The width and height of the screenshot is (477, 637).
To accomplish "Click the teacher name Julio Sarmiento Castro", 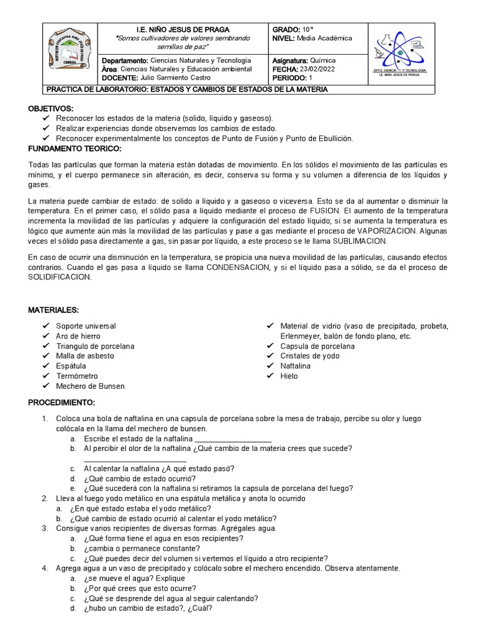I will [x=176, y=78].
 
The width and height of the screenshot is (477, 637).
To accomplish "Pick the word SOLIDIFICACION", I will [x=60, y=277].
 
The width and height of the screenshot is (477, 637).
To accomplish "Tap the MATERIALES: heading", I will [x=53, y=310].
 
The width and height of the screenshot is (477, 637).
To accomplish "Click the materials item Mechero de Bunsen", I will [x=90, y=386].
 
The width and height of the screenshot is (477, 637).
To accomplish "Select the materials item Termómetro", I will [x=77, y=376].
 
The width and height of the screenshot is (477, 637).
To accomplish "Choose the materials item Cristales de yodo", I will [x=310, y=356].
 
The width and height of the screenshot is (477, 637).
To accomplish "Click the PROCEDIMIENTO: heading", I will [x=61, y=402].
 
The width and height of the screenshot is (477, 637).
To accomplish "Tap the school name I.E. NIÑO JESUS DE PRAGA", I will [x=183, y=29].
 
